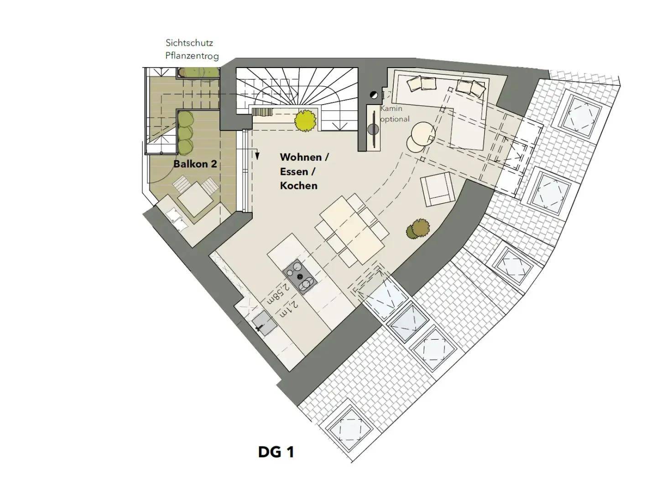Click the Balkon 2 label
pos(195,164)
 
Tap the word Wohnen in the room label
pos(301,157)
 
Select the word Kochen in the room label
pos(299,186)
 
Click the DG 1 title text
pos(276,452)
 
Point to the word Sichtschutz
pos(189,43)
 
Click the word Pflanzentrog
pos(192,56)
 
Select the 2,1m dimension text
pos(289,310)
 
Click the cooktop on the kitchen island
pos(300,277)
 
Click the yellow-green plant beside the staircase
pos(305,121)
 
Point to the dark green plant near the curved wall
pos(418,229)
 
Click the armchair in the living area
pos(437,189)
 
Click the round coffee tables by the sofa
pos(421,136)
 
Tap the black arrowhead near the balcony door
pos(257,156)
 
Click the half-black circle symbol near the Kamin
pos(374,95)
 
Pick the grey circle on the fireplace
pos(373,129)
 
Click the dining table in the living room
pos(352,230)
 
